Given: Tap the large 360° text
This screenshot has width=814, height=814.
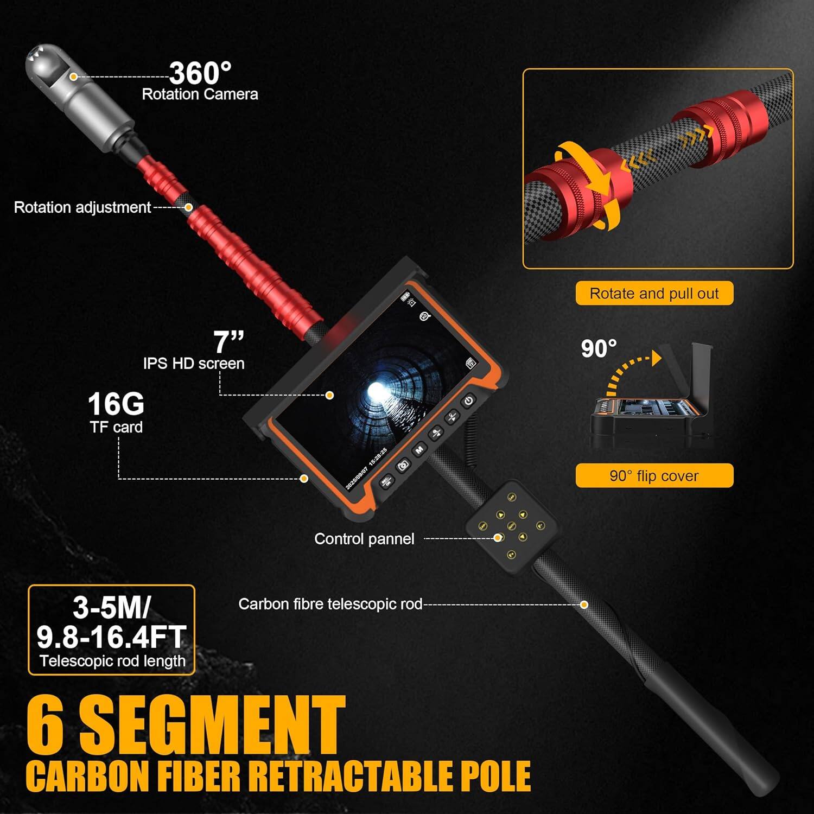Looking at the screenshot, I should (200, 73).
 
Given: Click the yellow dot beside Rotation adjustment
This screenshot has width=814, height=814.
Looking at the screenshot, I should (188, 207).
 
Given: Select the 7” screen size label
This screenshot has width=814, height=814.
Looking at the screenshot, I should (228, 342).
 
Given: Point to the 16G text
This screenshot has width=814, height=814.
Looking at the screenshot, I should (116, 404).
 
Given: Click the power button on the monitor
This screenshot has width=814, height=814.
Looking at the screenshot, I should (468, 402).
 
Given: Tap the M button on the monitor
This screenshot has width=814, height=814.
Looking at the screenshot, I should (419, 450).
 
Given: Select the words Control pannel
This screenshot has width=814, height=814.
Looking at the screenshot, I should (364, 539).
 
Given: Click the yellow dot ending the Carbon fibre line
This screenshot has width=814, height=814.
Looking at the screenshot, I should (584, 605).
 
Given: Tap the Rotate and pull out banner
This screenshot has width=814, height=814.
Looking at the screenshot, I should (654, 294).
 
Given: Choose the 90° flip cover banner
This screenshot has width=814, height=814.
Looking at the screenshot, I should (654, 476).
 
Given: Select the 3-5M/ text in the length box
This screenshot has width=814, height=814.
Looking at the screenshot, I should (111, 608).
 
